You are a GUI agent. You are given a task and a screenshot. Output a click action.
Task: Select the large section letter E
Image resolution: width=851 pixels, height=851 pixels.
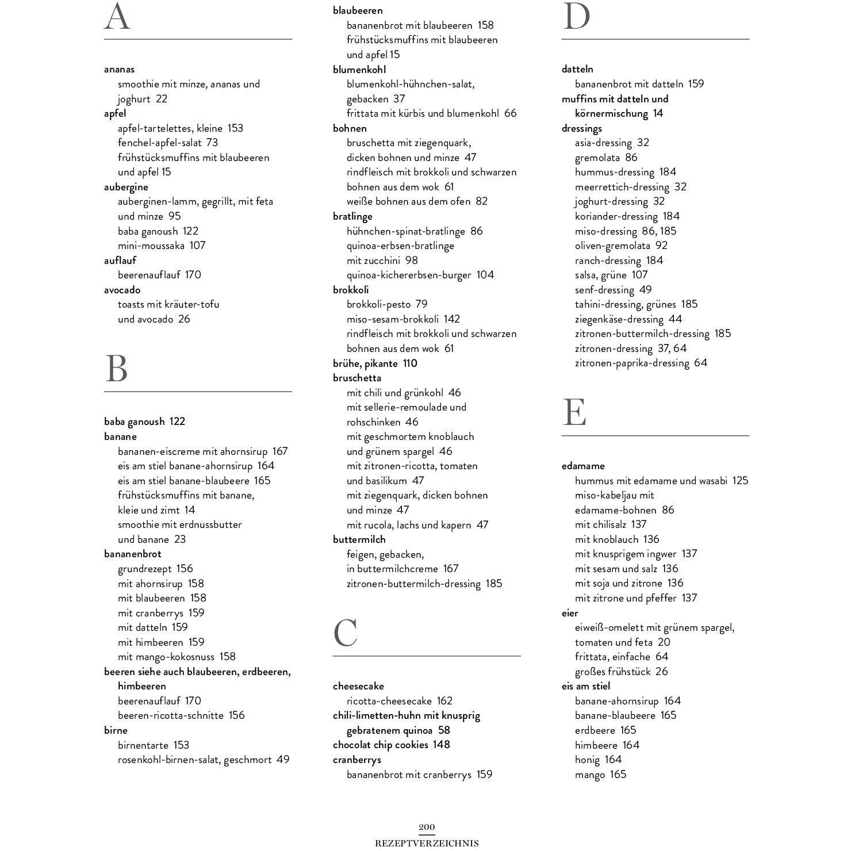coord(574,412)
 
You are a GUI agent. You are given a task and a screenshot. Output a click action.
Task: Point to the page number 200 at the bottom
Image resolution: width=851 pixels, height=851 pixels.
coord(427,827)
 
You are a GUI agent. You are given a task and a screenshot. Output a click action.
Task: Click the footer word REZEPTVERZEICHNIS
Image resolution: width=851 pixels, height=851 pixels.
coord(427,844)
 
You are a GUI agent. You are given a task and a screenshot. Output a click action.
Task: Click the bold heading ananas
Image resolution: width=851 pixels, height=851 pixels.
coord(119,69)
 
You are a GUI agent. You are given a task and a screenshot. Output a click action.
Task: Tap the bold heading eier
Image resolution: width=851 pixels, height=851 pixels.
coord(570,613)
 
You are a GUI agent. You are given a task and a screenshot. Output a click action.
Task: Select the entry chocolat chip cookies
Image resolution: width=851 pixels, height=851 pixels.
coord(381,745)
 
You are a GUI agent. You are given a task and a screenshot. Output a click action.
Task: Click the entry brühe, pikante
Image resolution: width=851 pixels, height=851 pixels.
coord(365,363)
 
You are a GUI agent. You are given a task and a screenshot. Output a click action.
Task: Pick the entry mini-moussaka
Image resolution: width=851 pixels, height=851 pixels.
coord(151,246)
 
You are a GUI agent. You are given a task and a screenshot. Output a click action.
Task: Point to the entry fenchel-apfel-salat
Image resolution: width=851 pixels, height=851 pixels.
coord(160,143)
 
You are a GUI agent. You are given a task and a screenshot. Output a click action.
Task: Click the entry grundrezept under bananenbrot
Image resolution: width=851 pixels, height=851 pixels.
coord(145,569)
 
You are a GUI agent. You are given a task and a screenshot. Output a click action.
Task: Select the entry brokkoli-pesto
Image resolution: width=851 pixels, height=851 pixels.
coord(378,304)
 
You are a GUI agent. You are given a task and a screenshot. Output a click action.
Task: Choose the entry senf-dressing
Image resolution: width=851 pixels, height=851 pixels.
coord(604,290)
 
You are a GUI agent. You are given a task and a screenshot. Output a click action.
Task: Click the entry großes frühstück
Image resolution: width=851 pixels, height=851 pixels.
coord(612,672)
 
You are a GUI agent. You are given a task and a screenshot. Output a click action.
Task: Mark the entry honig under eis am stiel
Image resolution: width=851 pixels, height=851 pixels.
coord(587,760)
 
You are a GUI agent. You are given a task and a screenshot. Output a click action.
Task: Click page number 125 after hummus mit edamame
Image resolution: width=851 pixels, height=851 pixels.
coord(740,481)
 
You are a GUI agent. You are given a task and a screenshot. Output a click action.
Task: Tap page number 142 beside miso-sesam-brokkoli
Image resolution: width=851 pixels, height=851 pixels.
coord(452,319)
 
